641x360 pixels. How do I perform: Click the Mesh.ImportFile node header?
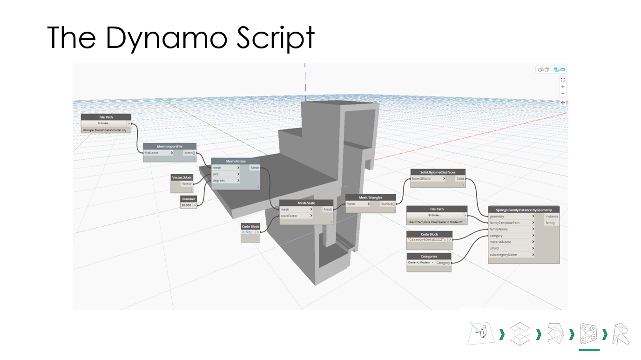[169, 146]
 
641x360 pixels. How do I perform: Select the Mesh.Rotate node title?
[236, 161]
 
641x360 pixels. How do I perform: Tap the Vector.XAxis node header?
[182, 177]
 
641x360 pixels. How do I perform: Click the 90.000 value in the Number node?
[186, 205]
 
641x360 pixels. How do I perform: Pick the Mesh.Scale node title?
[306, 203]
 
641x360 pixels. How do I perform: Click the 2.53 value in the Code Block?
[247, 232]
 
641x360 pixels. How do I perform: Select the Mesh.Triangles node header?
[370, 197]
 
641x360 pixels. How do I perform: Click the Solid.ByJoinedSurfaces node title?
[437, 172]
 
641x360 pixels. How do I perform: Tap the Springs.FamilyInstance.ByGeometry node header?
[523, 210]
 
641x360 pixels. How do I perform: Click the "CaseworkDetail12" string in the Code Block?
[427, 239]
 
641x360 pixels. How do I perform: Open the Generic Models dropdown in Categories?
[421, 263]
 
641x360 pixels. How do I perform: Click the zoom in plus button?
[563, 87]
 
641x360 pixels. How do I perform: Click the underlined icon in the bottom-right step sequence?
[589, 334]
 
